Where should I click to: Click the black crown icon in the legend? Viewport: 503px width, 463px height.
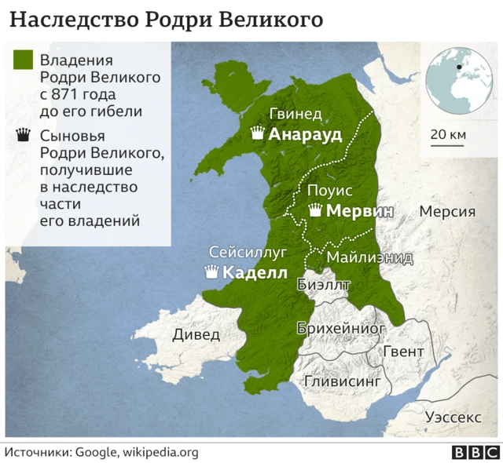pyautogui.click(x=23, y=137)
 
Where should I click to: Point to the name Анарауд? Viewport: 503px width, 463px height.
pyautogui.click(x=305, y=134)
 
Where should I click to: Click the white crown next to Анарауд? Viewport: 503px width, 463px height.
pyautogui.click(x=257, y=133)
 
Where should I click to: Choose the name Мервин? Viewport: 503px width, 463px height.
pyautogui.click(x=359, y=211)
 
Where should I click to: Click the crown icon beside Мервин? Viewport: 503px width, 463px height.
pyautogui.click(x=316, y=210)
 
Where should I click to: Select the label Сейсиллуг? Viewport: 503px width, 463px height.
pyautogui.click(x=248, y=253)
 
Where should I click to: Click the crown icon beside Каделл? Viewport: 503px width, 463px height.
pyautogui.click(x=211, y=273)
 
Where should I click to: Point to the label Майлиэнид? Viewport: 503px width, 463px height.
pyautogui.click(x=369, y=257)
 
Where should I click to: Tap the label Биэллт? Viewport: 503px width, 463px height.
pyautogui.click(x=324, y=285)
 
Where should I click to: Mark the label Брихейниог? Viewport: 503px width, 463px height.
pyautogui.click(x=341, y=328)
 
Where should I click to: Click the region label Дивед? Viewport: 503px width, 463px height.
pyautogui.click(x=196, y=334)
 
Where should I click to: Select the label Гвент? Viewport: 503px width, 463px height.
pyautogui.click(x=403, y=351)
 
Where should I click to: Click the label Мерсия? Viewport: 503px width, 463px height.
pyautogui.click(x=447, y=211)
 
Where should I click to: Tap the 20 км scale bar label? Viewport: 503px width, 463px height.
pyautogui.click(x=448, y=135)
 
